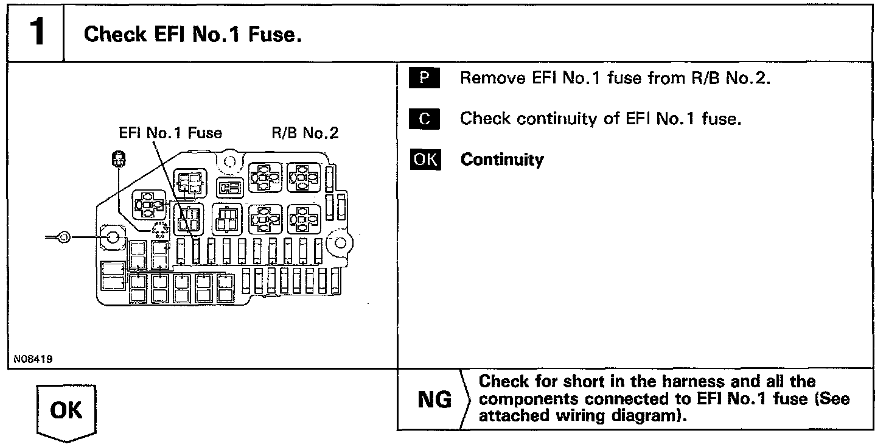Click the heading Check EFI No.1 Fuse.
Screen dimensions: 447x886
[193, 34]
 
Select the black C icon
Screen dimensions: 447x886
[425, 119]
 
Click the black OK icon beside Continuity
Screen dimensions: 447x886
[425, 160]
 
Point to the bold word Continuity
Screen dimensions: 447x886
[502, 160]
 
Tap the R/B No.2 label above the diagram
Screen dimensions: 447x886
[305, 132]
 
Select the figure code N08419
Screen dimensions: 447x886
[33, 359]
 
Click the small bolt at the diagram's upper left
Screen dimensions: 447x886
[118, 160]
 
